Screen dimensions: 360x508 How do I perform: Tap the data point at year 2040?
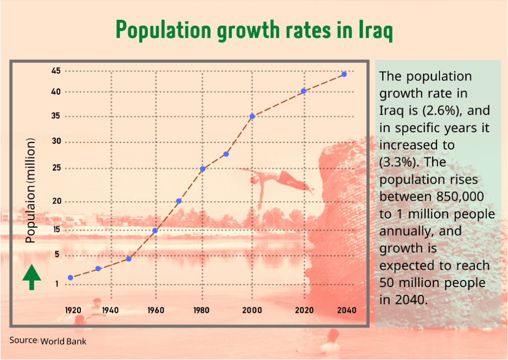pos(344,74)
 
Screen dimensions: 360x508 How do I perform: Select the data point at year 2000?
pos(252,116)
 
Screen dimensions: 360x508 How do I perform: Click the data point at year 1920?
pos(71,278)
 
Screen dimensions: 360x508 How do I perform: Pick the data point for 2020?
pos(303,91)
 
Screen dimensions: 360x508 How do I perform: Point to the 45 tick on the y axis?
pos(56,71)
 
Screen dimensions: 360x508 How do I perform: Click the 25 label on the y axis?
pos(56,168)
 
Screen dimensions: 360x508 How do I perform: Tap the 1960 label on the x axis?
pos(155,310)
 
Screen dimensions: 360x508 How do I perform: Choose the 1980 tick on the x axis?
pos(202,310)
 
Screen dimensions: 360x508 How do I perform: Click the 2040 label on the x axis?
pos(347,310)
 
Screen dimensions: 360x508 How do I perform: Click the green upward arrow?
pos(32,277)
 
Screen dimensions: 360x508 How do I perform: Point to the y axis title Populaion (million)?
pos(31,191)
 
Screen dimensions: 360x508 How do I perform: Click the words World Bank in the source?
pos(63,341)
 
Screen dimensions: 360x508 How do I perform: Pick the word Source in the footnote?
pos(24,340)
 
